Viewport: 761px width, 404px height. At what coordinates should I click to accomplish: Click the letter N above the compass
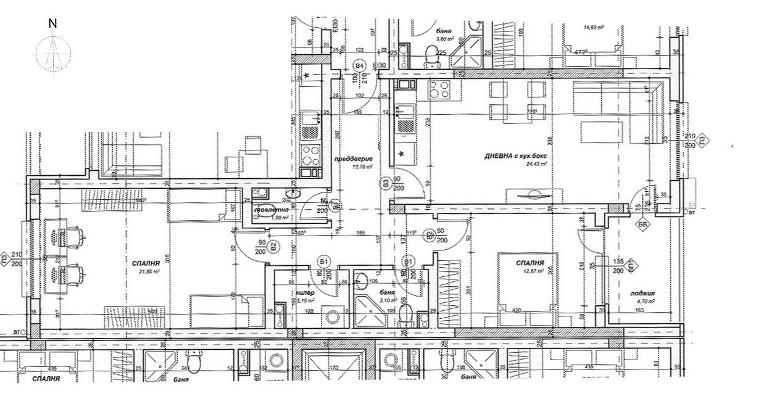pos(52,24)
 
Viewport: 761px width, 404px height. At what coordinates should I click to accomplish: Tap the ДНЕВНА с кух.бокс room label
pos(517,157)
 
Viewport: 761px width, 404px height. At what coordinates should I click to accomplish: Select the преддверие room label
pos(347,159)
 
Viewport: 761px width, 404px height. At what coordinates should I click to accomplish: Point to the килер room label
pos(306,293)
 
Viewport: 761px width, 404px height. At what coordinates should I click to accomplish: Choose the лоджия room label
pos(642,294)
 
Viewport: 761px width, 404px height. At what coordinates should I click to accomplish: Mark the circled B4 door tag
pos(359,65)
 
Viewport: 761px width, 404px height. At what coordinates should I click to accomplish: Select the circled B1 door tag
pos(323,262)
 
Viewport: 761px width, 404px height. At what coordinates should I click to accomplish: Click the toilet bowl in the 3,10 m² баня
pos(405,316)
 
